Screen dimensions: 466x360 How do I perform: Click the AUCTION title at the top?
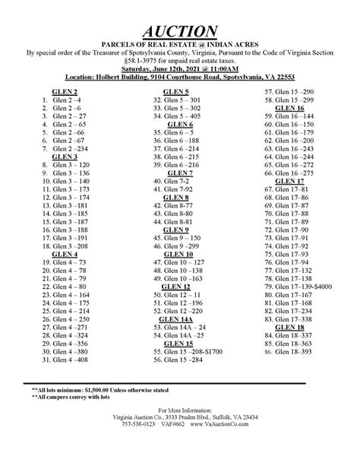tap(181, 30)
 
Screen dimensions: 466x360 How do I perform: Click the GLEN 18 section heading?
tap(289, 321)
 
